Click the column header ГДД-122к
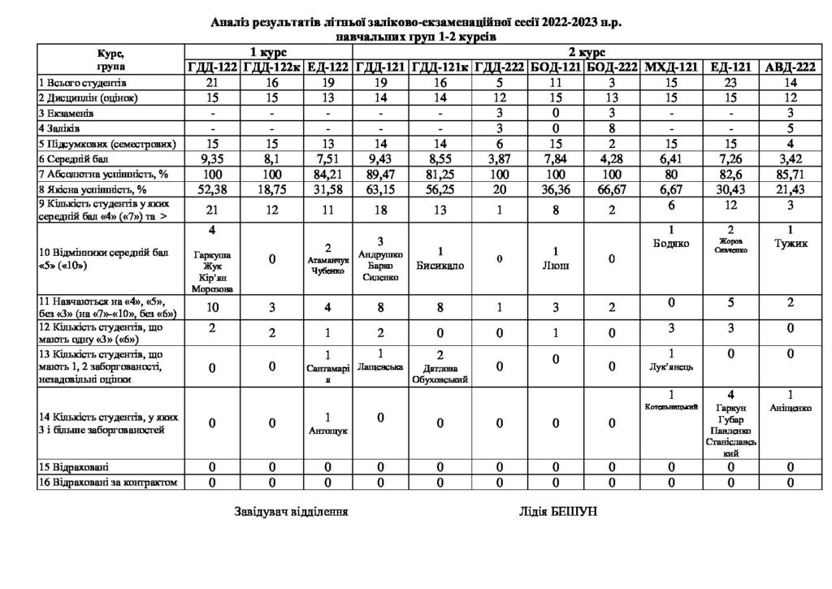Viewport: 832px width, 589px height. pyautogui.click(x=271, y=68)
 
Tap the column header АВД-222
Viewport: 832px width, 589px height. pyautogui.click(x=787, y=68)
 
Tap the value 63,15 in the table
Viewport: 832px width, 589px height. pyautogui.click(x=381, y=191)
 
